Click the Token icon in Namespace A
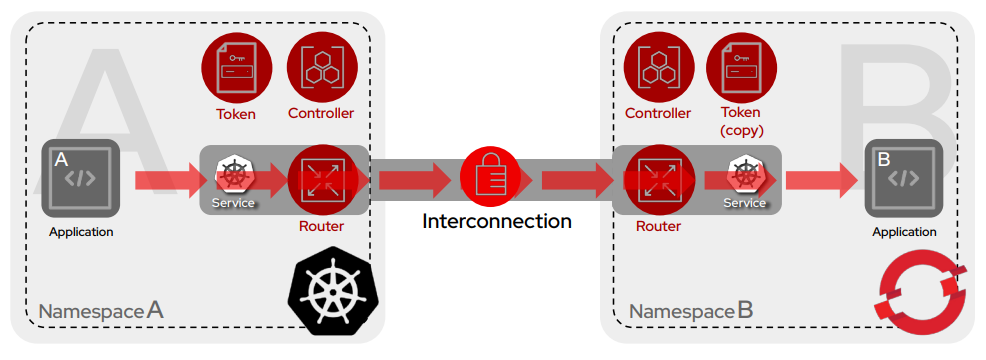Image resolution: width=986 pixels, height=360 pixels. pos(236,66)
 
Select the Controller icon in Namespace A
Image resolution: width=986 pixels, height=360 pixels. pos(321,66)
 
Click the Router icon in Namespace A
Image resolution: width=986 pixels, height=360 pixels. pos(321,179)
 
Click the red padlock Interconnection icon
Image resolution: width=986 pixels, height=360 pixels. pos(490,178)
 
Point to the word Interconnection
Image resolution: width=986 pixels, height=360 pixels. pos(497,221)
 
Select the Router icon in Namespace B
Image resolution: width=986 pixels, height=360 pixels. pos(658,179)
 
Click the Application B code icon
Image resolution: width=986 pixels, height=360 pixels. pos(903,178)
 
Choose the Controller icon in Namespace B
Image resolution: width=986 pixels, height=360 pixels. pos(658,66)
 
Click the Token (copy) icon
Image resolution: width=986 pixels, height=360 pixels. pos(741,66)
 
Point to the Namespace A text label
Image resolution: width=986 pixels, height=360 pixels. pos(100,311)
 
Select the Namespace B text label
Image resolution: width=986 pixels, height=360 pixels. pos(691,311)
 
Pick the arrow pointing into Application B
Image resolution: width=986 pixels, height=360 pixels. pos(820,180)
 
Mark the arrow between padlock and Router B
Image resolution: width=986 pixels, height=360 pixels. pos(575,180)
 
